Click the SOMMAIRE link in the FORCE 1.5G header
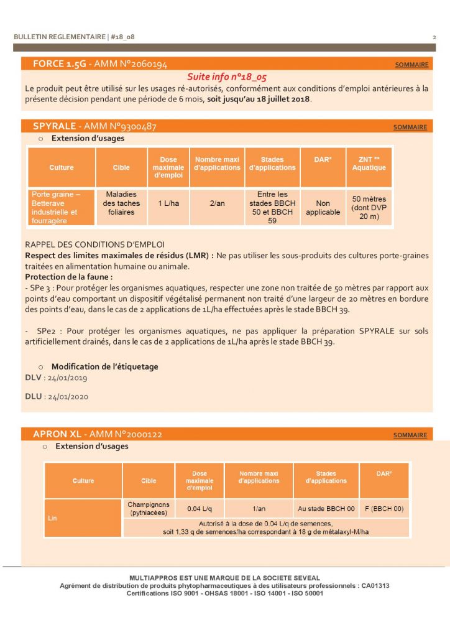[x=411, y=65]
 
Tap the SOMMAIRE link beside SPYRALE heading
[x=410, y=127]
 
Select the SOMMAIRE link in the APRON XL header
[x=410, y=435]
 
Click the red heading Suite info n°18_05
[x=227, y=77]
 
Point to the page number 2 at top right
[x=434, y=37]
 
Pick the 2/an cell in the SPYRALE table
[x=217, y=203]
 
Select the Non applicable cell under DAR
[x=323, y=208]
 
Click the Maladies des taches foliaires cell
[x=121, y=203]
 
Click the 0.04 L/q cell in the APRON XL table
[x=199, y=509]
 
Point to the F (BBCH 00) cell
[x=384, y=509]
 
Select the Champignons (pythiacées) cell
[x=148, y=509]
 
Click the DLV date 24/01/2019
[x=66, y=378]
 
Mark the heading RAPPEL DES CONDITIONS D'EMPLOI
[x=94, y=244]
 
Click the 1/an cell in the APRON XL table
[x=258, y=509]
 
